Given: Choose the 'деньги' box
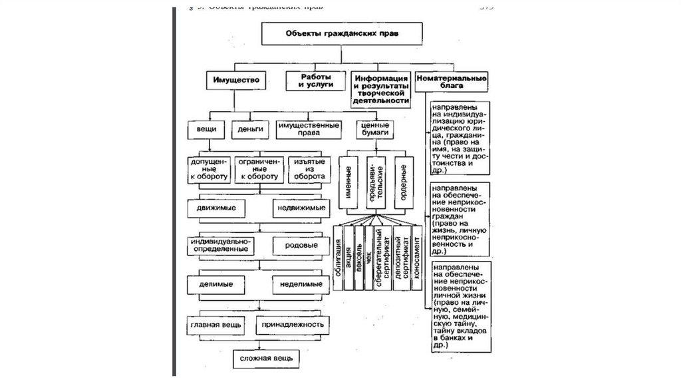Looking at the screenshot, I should tap(247, 128).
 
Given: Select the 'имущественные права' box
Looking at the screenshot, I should tap(309, 128).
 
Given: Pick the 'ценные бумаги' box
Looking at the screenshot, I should tap(372, 128).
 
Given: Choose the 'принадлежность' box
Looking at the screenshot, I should tap(293, 325).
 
